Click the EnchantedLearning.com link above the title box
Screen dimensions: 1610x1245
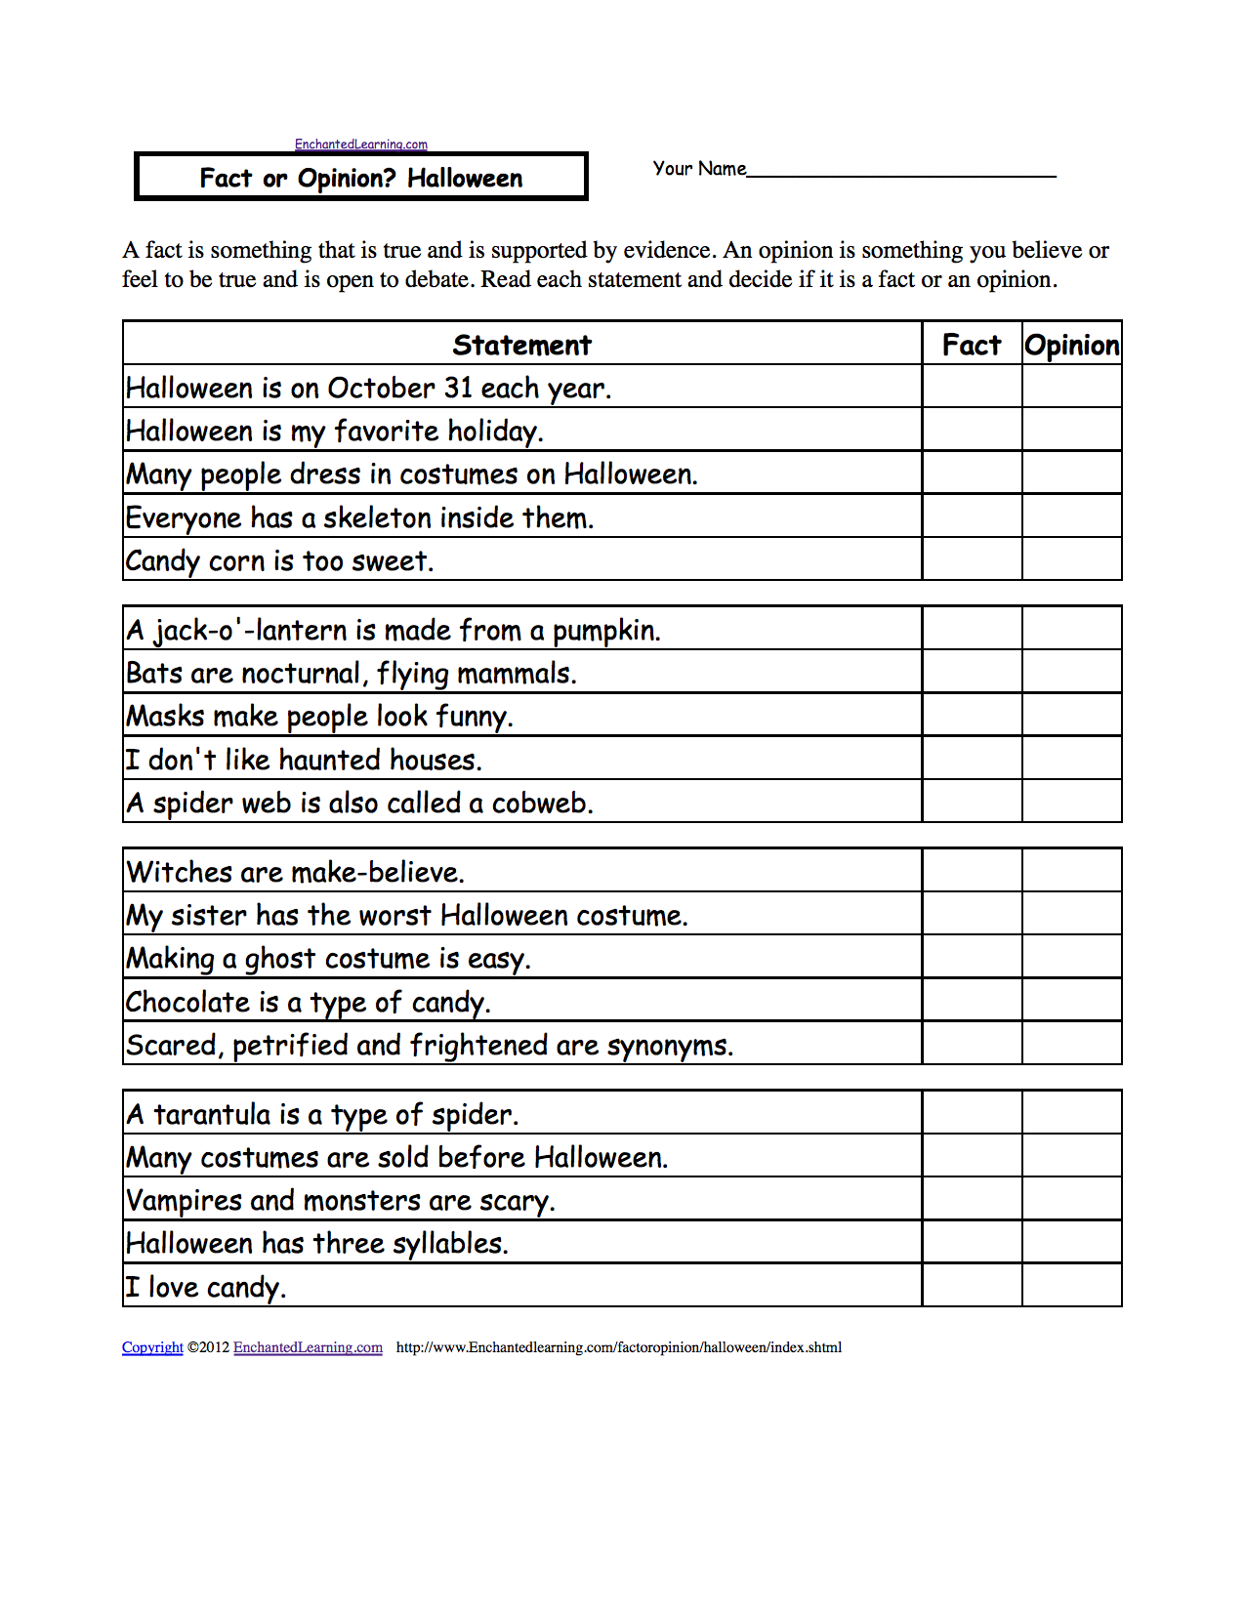361,144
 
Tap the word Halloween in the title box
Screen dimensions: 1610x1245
465,179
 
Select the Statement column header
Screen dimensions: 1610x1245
521,345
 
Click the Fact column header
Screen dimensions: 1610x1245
972,345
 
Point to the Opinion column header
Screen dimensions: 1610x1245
1071,345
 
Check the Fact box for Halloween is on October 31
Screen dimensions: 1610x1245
972,387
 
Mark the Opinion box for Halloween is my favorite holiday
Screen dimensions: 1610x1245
1071,430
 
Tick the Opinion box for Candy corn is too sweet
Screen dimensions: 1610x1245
1071,559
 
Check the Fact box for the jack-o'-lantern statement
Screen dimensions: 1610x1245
972,629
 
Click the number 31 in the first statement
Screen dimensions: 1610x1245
458,389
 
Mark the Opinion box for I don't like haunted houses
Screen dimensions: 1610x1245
1071,759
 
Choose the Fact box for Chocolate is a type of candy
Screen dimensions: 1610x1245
972,1001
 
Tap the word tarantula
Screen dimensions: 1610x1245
212,1115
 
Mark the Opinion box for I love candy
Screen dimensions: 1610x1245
1071,1286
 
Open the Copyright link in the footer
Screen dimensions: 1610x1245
152,1347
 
